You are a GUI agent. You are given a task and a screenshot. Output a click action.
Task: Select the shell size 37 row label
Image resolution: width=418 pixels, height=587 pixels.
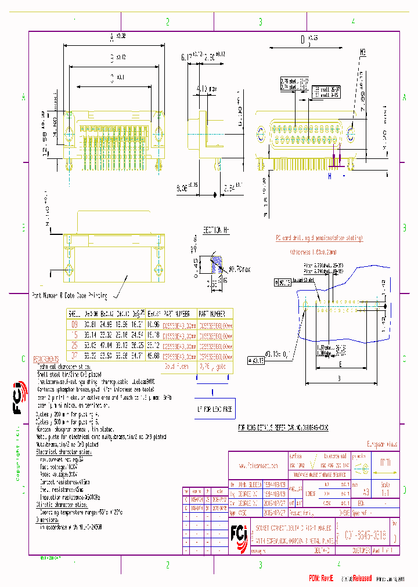point(73,356)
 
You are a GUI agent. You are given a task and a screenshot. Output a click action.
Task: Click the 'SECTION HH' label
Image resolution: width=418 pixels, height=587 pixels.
point(216,230)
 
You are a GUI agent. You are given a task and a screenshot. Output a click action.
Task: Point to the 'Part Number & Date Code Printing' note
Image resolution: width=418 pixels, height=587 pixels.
point(70,295)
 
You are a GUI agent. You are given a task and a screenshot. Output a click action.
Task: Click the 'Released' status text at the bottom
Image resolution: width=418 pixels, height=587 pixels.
point(359,578)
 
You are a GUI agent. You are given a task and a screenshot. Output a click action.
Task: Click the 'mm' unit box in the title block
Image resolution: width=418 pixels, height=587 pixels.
point(385,463)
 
